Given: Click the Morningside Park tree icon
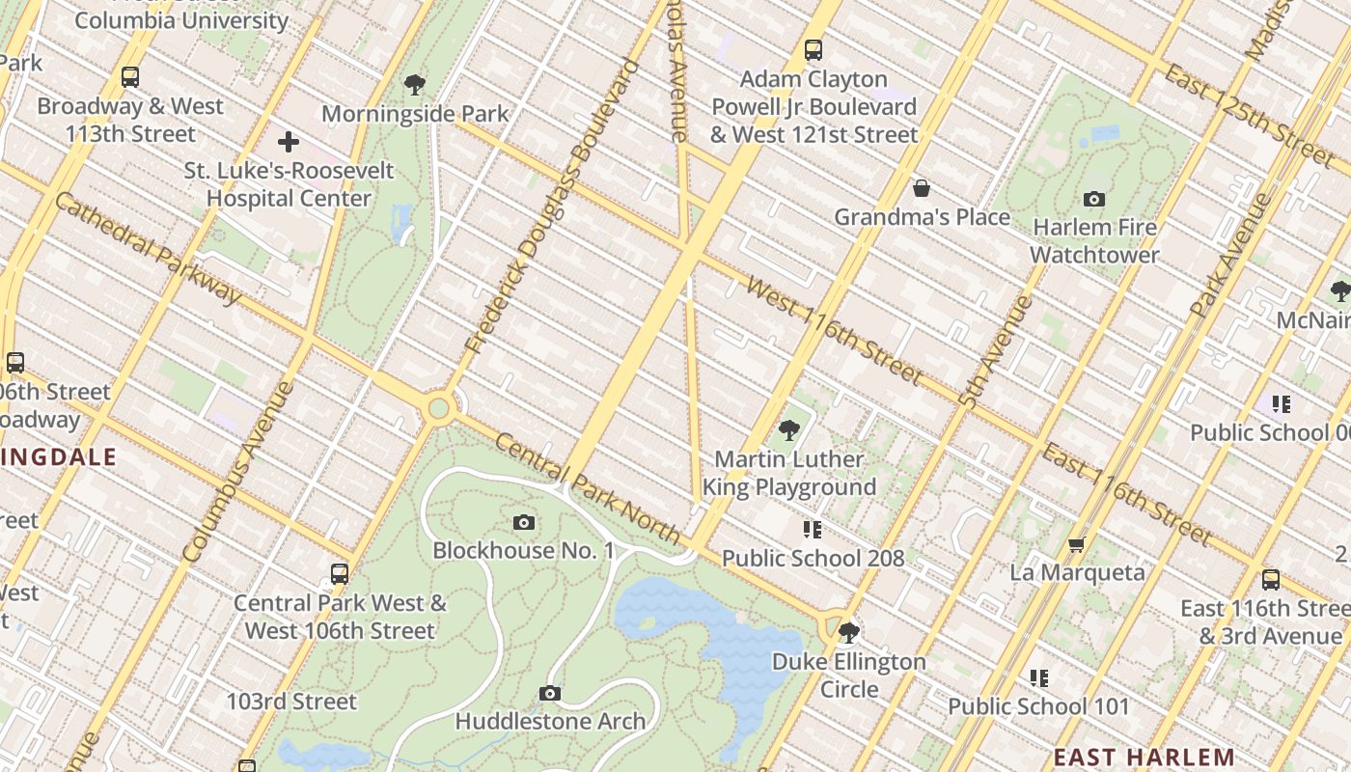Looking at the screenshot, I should coord(415,85).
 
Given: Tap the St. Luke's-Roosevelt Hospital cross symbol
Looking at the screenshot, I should coord(288,143).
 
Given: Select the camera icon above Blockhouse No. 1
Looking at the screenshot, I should coord(523,522).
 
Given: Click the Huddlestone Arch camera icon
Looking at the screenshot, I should coord(549,693).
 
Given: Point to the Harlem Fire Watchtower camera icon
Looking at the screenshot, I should coord(1093,199).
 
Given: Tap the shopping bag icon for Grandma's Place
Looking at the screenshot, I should coord(922,187).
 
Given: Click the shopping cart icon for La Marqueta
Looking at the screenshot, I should coord(1077,544).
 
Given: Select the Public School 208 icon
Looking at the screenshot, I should coord(813,530).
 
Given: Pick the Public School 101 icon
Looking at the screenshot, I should coord(1038,677).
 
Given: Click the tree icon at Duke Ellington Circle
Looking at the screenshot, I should coord(848,633).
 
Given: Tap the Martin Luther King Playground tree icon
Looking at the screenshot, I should coord(788,430).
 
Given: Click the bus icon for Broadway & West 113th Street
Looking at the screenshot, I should coord(129,77).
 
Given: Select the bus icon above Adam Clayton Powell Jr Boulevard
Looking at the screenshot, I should coord(813,49).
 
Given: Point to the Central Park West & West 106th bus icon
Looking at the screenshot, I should coord(339,574).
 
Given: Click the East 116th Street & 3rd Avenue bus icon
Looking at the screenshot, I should coord(1271,580).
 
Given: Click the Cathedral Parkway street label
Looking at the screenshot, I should coord(148,248).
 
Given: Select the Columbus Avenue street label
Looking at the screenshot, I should coord(237,472).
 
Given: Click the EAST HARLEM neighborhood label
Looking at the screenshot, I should coord(1144,757).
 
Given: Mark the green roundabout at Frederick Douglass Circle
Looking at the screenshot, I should coord(439,408).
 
